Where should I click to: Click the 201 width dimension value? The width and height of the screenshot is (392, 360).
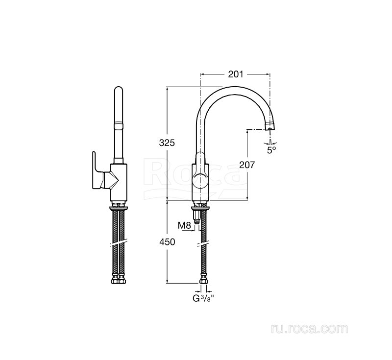click(x=235, y=74)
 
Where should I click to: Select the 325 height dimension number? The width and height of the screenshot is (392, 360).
click(x=167, y=143)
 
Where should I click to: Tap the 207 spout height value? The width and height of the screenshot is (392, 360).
click(x=247, y=165)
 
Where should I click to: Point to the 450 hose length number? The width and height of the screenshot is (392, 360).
click(x=167, y=242)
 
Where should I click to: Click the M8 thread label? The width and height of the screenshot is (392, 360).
click(x=185, y=226)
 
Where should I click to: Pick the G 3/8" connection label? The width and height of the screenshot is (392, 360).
click(x=204, y=298)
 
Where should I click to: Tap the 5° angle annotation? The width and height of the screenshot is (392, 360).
click(x=271, y=150)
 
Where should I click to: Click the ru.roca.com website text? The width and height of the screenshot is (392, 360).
click(x=310, y=329)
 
